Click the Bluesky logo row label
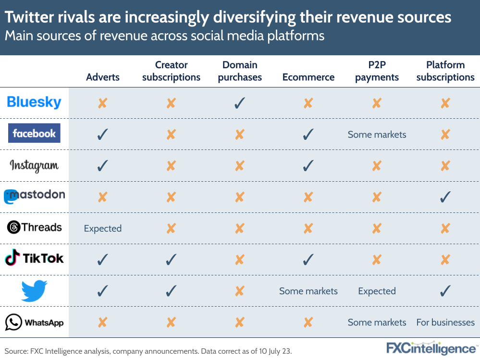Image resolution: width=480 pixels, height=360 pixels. (x=34, y=102)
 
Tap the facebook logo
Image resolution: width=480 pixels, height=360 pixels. (x=34, y=133)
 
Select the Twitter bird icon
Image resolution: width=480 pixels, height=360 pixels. (x=34, y=291)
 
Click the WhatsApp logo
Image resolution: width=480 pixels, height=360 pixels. (x=34, y=322)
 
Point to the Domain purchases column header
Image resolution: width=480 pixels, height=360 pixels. (x=240, y=71)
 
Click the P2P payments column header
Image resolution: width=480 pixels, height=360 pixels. (x=377, y=71)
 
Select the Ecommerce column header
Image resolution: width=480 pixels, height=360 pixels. (x=308, y=77)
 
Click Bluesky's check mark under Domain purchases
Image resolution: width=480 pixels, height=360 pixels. (x=240, y=103)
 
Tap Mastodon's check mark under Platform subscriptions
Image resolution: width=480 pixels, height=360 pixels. (x=445, y=197)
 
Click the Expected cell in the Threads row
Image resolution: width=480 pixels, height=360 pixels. (x=103, y=228)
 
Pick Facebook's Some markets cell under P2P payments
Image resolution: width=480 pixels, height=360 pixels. (x=377, y=135)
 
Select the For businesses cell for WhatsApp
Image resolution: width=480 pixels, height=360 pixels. (x=445, y=323)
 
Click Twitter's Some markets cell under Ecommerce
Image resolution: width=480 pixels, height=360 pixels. (x=308, y=291)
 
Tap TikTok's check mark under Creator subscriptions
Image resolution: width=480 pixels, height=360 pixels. (x=171, y=260)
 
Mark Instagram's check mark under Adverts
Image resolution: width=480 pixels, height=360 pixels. (x=102, y=166)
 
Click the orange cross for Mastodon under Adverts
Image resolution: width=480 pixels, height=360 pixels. (x=102, y=197)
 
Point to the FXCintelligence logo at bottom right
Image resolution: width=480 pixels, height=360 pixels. (x=431, y=348)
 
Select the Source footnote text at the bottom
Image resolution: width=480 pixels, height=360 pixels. (x=148, y=351)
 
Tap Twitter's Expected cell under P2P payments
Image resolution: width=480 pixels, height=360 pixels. (x=377, y=291)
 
